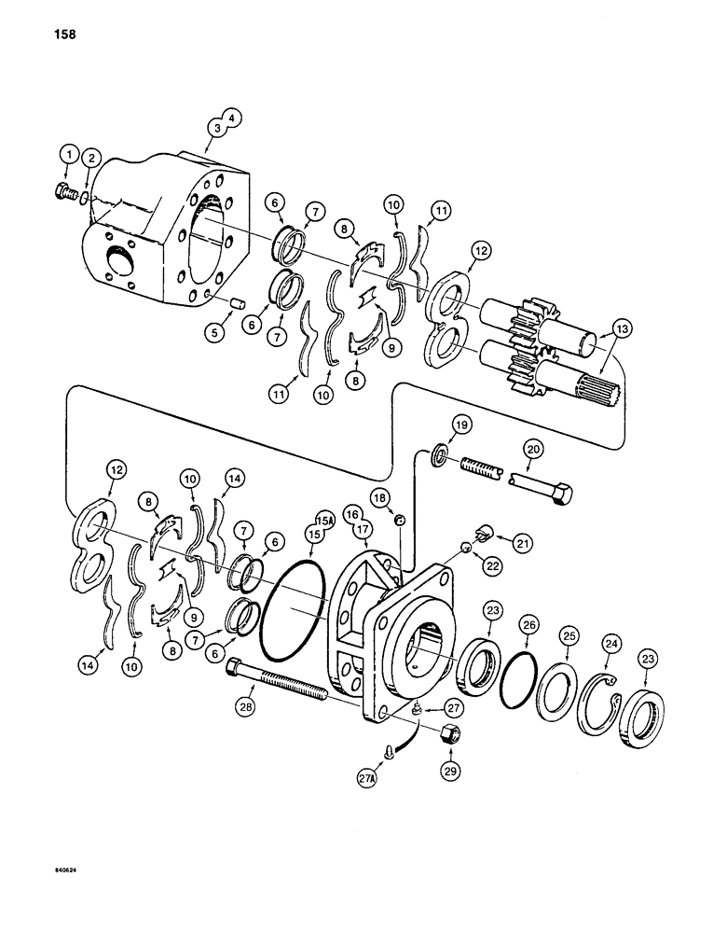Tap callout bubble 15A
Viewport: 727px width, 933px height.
pos(325,520)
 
